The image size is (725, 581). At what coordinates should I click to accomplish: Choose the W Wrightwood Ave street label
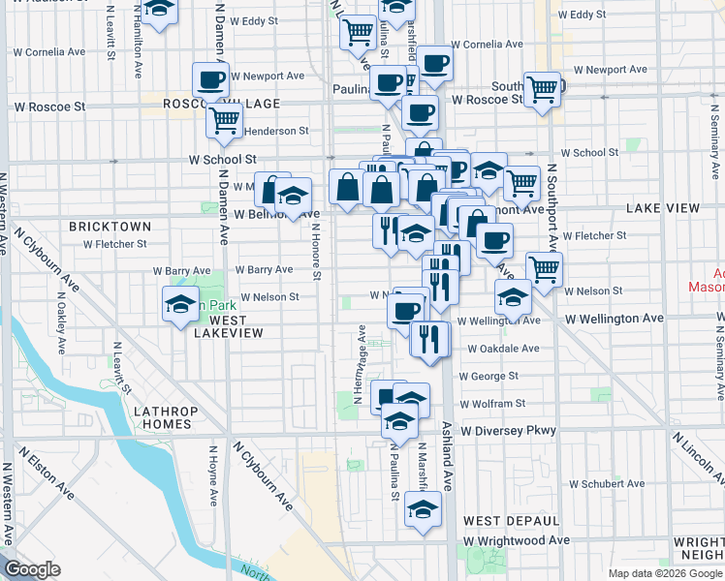[517, 540]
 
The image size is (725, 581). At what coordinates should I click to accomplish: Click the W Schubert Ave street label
[607, 483]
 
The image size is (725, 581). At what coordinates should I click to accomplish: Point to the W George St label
[489, 376]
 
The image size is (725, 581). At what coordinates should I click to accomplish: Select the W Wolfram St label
[492, 403]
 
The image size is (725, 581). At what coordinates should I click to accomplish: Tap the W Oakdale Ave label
[502, 349]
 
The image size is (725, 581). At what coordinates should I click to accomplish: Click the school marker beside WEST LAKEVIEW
[180, 305]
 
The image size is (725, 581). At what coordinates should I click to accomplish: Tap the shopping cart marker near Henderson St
[224, 121]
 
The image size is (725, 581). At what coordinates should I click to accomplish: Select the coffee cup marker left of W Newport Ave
[209, 79]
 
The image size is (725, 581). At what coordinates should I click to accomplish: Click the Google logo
[33, 569]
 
